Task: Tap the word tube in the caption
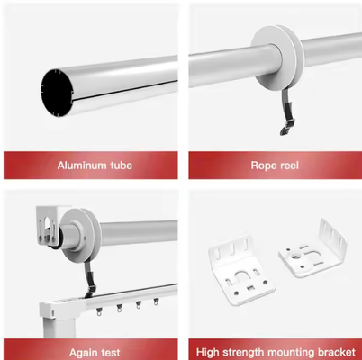coord(121,166)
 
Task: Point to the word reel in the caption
coord(288,166)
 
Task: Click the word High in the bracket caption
coord(208,352)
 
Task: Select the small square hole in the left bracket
coord(250,288)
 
